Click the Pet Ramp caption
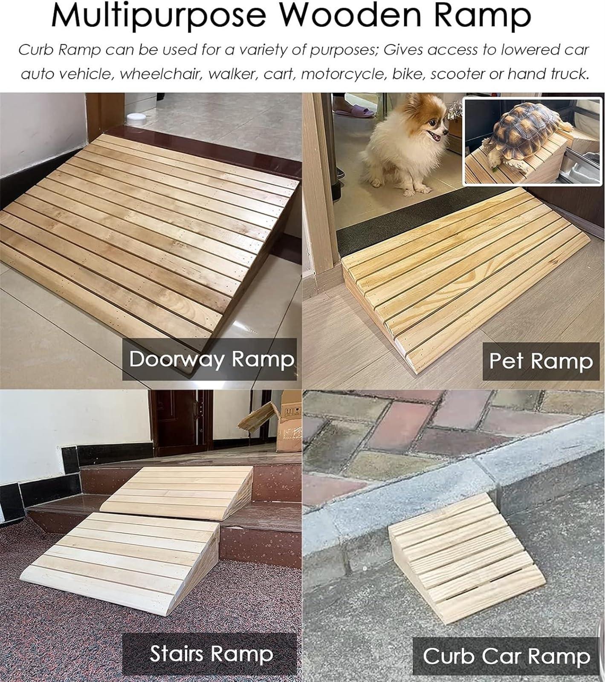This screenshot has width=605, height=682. [x=541, y=361]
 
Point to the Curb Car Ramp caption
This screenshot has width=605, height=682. [x=507, y=656]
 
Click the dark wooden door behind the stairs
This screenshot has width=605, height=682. [x=180, y=422]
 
